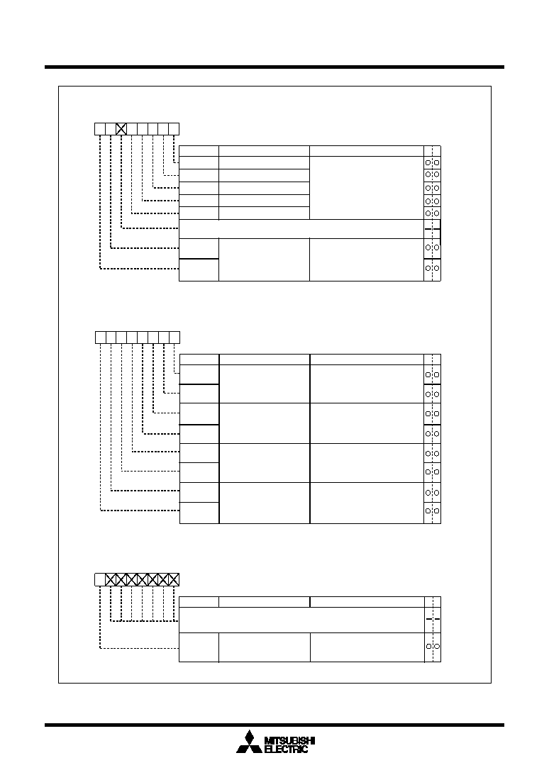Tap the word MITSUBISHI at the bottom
[x=290, y=741]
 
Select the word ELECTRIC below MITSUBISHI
[x=287, y=749]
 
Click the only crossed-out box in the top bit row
[x=121, y=129]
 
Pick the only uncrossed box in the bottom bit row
[x=100, y=580]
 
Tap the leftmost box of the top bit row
[x=100, y=129]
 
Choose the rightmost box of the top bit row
[x=174, y=129]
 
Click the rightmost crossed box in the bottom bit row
[x=174, y=580]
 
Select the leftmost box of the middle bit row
[x=101, y=338]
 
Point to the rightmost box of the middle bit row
[x=174, y=338]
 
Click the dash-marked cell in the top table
[x=432, y=229]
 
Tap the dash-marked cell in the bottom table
[x=433, y=620]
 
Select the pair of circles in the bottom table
[x=433, y=647]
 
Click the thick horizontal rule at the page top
[x=274, y=67]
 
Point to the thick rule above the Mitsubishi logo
[x=274, y=725]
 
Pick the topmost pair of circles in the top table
[x=432, y=162]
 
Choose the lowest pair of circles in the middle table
[x=433, y=511]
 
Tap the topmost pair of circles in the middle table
[x=433, y=375]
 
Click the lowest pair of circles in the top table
[x=432, y=268]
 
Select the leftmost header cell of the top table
[x=199, y=151]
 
